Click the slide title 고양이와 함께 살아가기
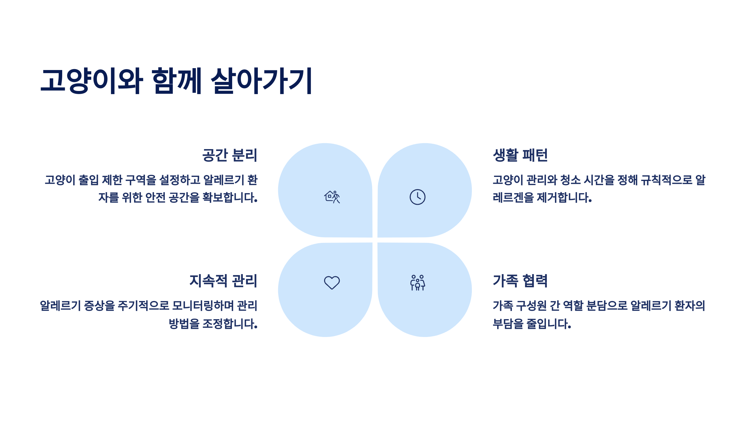coord(177,81)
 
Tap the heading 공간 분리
coord(230,155)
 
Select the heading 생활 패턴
coord(520,155)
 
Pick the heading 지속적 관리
coord(223,281)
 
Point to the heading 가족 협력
coord(520,281)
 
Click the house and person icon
coord(332,197)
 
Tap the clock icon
coord(417,197)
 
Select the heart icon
coord(332,283)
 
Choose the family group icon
coord(417,283)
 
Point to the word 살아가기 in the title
coord(262,81)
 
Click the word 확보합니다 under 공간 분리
coord(230,198)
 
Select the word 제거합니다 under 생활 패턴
coord(564,198)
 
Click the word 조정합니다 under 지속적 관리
coord(230,324)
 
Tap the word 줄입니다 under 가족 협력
coord(549,324)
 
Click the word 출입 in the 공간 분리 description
coord(88,180)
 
